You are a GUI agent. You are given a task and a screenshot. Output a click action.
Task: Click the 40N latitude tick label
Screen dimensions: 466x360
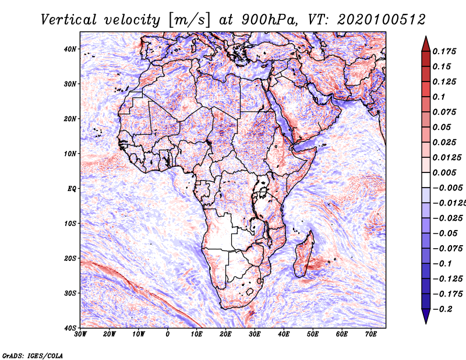(x=69, y=49)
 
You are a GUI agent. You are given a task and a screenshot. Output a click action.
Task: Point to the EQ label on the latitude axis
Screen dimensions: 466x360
(x=72, y=189)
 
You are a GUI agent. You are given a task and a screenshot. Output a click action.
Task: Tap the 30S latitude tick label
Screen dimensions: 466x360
(x=69, y=293)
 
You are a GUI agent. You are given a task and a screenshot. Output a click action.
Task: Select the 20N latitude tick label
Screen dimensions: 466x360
(x=69, y=119)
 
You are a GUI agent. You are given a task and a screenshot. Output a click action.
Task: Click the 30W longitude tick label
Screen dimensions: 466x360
(x=80, y=334)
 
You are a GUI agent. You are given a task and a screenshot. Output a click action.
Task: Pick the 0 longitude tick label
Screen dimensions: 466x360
(x=168, y=334)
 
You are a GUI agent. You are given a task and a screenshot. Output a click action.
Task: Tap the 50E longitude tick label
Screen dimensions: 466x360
(x=313, y=334)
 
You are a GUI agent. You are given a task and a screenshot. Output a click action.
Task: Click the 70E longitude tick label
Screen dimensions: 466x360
(x=371, y=334)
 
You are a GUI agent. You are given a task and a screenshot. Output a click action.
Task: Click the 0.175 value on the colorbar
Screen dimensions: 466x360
(x=444, y=51)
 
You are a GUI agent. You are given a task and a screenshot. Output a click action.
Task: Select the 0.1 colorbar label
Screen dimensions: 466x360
(x=439, y=97)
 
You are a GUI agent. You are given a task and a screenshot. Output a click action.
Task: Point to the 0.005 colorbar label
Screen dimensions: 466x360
(x=444, y=172)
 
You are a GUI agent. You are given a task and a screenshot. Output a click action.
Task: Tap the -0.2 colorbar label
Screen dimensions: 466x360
(x=442, y=309)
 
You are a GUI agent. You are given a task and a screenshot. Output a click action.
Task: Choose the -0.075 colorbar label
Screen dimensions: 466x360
(x=447, y=249)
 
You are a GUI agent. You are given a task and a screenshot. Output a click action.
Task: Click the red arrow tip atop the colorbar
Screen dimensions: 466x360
(x=426, y=37)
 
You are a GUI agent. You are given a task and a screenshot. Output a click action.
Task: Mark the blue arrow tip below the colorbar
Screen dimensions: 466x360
(x=426, y=323)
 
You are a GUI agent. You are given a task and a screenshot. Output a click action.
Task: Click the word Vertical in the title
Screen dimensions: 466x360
(x=68, y=20)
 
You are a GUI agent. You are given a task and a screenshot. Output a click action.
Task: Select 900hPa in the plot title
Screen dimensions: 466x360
(x=269, y=20)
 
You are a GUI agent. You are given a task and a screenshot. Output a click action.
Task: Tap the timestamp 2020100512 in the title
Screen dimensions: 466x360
(x=382, y=20)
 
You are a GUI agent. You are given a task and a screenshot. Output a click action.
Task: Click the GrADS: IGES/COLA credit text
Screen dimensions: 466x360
(x=33, y=355)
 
